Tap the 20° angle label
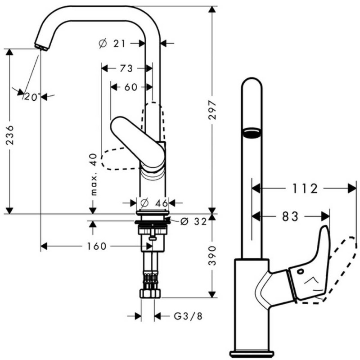click(x=33, y=96)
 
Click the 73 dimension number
click(x=126, y=68)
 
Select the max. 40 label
click(x=93, y=174)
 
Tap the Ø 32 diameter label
click(x=193, y=221)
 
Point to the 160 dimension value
click(x=94, y=246)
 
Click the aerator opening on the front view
click(x=252, y=132)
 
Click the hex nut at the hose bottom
click(x=151, y=293)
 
